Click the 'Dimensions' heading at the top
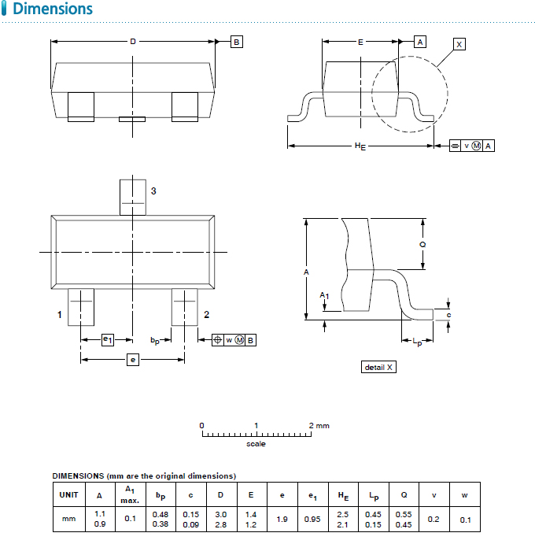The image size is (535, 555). click(53, 9)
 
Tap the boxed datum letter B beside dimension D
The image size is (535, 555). click(236, 42)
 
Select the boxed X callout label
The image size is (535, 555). click(459, 44)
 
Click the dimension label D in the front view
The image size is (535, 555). click(133, 42)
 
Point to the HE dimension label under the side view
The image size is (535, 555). click(360, 146)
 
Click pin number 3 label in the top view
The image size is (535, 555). click(153, 191)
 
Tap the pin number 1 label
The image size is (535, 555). click(60, 314)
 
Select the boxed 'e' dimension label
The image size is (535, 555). click(133, 360)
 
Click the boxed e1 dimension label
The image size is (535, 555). click(108, 340)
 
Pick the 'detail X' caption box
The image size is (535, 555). click(378, 367)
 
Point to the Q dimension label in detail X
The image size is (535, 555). click(422, 244)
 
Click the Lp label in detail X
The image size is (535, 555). click(417, 342)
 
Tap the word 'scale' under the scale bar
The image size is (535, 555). click(256, 444)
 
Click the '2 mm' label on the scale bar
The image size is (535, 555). click(319, 425)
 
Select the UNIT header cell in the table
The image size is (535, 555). click(69, 495)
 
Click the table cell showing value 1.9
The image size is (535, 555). click(282, 520)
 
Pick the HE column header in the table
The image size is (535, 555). click(343, 495)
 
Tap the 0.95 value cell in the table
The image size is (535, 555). click(312, 520)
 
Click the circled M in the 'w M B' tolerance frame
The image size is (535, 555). click(239, 340)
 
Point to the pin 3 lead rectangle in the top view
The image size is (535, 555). click(133, 198)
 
